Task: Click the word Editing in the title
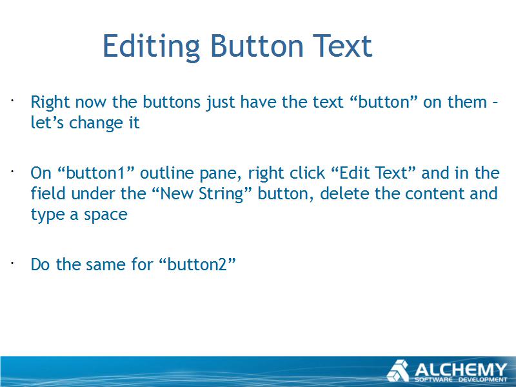coord(152,46)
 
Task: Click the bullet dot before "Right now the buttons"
coord(12,100)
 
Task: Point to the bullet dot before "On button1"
coord(12,172)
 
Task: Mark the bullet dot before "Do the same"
coord(12,263)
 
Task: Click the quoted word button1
coord(96,173)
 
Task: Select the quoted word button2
coord(197,264)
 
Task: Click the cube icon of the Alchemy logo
coord(398,371)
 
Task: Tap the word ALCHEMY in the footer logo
coord(461,370)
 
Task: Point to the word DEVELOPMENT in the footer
coord(483,380)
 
